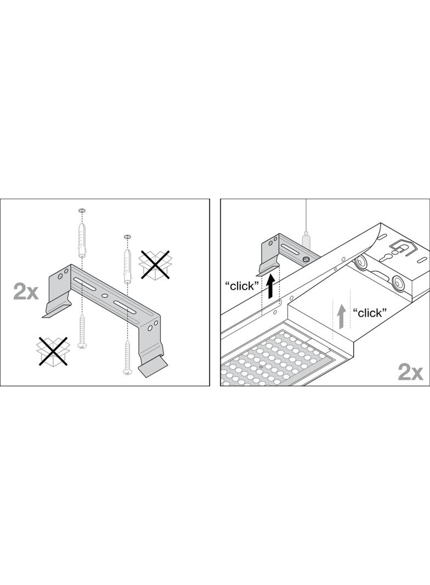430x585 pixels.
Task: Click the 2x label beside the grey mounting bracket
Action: [26, 291]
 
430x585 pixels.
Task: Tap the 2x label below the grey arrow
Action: [411, 372]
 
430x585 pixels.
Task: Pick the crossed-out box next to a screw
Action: [53, 351]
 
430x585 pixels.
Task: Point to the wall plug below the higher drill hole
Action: [82, 240]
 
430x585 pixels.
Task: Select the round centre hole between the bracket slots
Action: [104, 295]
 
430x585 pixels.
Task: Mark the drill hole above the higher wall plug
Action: [82, 211]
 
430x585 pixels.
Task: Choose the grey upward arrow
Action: [341, 317]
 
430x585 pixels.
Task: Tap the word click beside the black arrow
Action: [242, 286]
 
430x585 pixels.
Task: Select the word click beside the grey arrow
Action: [370, 313]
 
